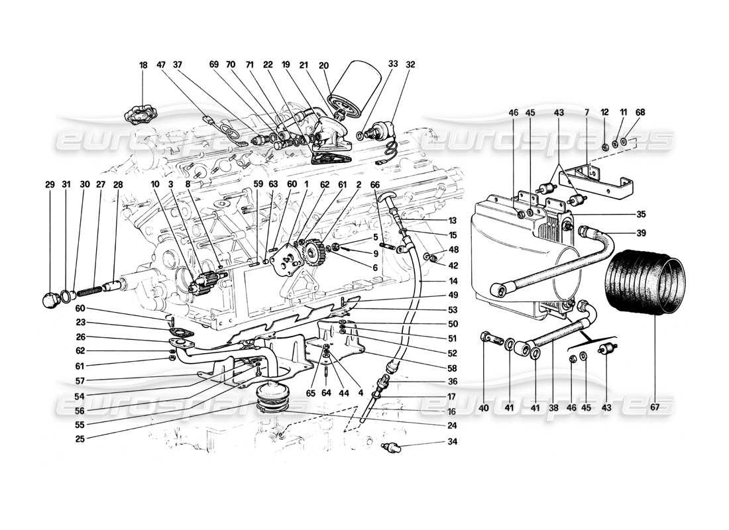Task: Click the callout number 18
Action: [143, 66]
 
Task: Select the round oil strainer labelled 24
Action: [270, 398]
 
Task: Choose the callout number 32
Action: [410, 66]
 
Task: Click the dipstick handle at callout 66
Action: [386, 199]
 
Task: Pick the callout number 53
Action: [435, 309]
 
